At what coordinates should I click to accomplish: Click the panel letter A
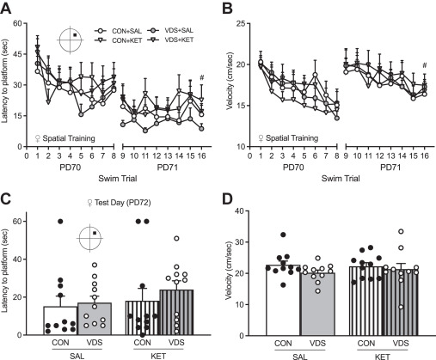pos(6,7)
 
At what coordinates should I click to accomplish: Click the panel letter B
pos(226,7)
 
